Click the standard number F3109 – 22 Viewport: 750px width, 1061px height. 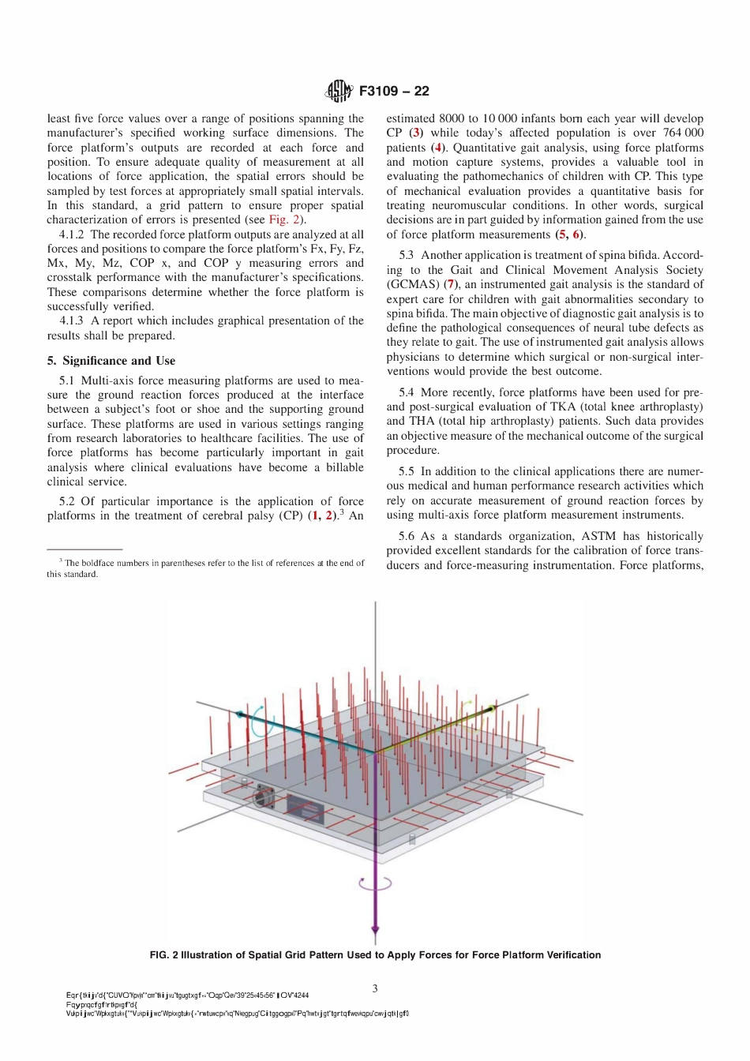point(394,91)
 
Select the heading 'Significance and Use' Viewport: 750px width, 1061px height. point(118,361)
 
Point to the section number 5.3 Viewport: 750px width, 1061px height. point(406,255)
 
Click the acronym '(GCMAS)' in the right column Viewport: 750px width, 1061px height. point(413,284)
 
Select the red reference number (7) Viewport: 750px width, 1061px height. point(450,284)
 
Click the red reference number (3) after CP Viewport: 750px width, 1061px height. point(416,133)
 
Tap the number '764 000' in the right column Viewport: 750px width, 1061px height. point(683,133)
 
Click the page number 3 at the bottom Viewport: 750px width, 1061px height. point(375,988)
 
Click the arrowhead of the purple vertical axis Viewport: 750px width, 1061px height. point(375,932)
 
